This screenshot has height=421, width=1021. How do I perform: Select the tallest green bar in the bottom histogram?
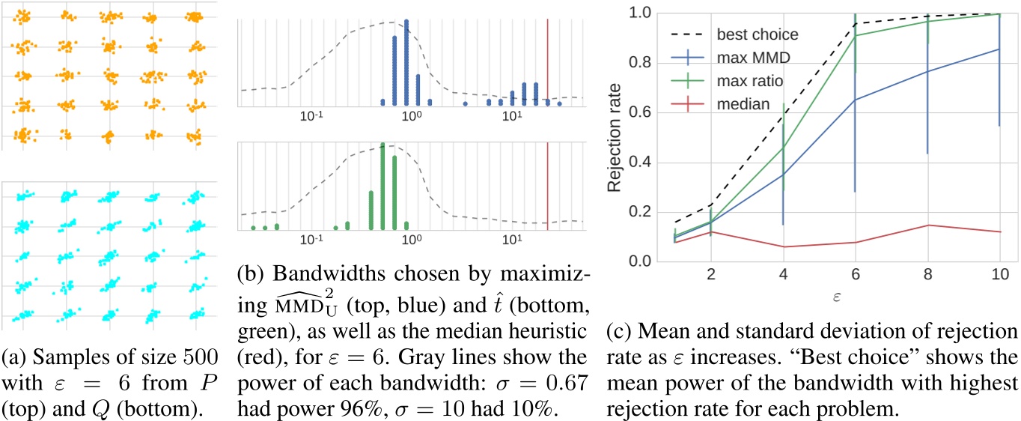pos(383,185)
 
